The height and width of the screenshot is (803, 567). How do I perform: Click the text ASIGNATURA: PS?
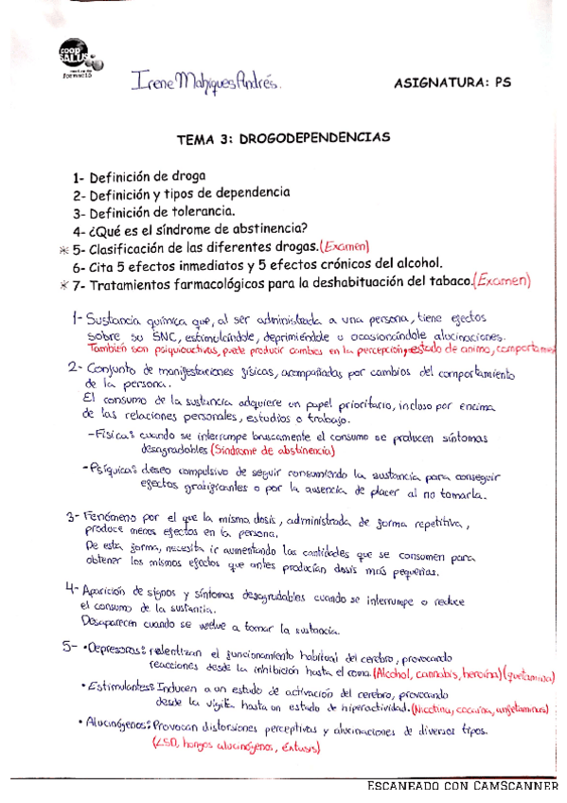pyautogui.click(x=452, y=82)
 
